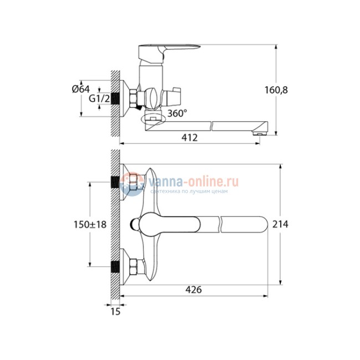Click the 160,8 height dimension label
click(276, 90)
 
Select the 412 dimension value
click(189, 137)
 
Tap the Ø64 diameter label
click(81, 89)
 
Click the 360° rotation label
click(177, 113)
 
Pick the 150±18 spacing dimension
click(90, 224)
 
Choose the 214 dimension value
click(280, 224)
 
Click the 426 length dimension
click(193, 290)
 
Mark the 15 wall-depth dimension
click(115, 312)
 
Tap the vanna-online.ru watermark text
click(193, 182)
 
